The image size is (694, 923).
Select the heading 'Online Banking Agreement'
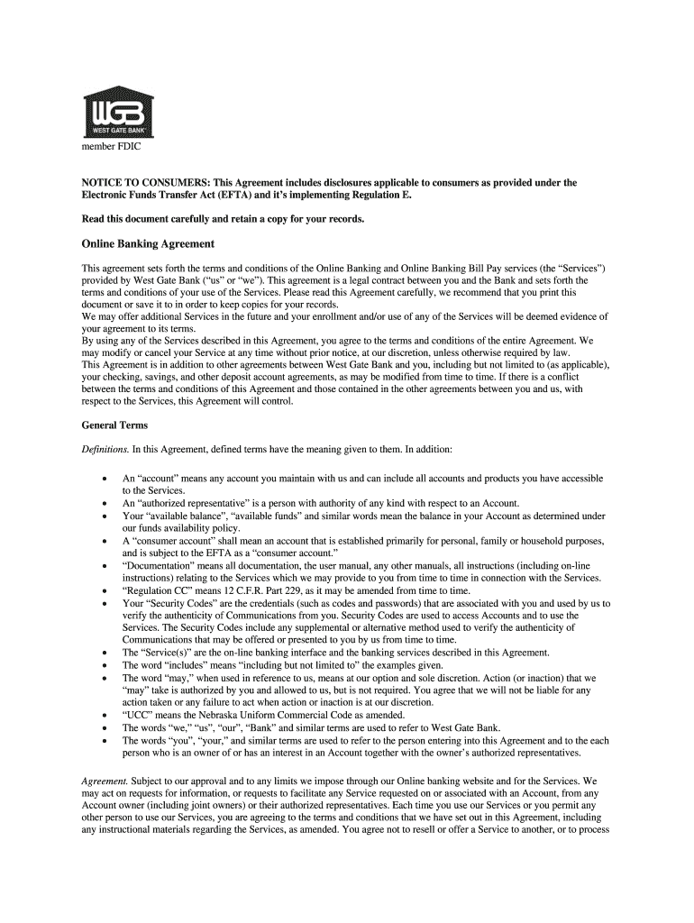coord(148,243)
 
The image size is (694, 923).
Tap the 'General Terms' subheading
coord(114,425)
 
